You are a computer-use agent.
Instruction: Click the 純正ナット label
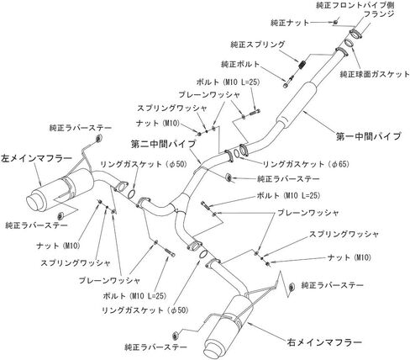tap(290, 23)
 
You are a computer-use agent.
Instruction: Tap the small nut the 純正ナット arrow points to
tap(335, 22)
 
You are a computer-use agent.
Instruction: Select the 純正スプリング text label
tap(258, 45)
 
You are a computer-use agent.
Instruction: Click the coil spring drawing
tap(302, 66)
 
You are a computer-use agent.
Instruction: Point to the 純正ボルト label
tap(240, 64)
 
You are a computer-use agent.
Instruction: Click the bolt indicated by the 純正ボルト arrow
tap(288, 82)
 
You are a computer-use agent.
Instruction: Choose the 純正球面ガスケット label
tap(375, 74)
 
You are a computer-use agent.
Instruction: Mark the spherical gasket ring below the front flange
tap(349, 44)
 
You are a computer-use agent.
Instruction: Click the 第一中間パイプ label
tap(369, 136)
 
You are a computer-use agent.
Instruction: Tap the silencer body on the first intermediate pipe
tap(297, 103)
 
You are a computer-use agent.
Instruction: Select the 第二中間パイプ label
tap(163, 144)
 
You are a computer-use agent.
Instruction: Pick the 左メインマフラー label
tap(36, 159)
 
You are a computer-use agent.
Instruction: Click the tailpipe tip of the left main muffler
tap(34, 203)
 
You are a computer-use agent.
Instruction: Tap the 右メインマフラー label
tap(324, 342)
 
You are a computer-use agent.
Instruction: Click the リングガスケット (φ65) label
tap(306, 164)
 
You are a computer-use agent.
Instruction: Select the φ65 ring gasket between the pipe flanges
tap(236, 153)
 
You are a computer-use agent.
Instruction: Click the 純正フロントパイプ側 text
tap(355, 5)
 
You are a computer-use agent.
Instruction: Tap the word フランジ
tap(379, 13)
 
